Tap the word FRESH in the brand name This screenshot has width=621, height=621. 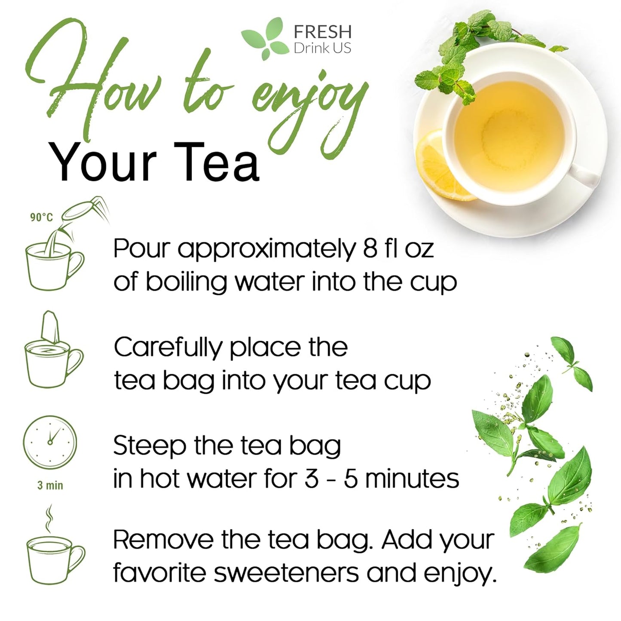point(322,32)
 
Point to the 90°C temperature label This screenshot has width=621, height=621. point(41,217)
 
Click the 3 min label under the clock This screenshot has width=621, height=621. point(50,486)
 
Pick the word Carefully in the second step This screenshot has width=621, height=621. point(168,348)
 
